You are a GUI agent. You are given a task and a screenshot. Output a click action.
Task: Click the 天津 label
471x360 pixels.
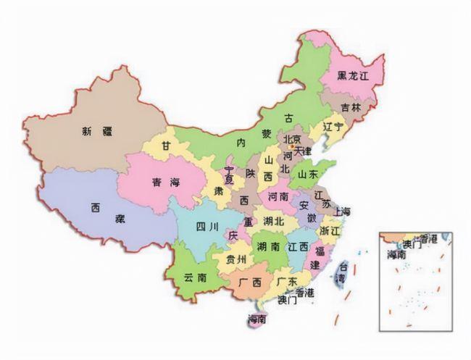(x=301, y=151)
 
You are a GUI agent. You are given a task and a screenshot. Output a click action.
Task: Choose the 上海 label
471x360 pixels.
(x=341, y=212)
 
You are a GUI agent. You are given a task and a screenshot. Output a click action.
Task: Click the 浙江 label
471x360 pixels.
(x=329, y=230)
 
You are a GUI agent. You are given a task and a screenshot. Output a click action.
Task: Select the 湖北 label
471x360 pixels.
(x=274, y=221)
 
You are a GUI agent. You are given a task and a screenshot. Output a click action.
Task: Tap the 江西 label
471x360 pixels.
(x=297, y=247)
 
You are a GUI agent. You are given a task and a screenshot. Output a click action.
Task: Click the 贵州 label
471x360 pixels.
(x=236, y=259)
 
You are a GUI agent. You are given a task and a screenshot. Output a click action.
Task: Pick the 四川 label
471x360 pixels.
(x=207, y=226)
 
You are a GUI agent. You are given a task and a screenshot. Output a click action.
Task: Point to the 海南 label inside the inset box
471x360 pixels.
(x=396, y=255)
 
